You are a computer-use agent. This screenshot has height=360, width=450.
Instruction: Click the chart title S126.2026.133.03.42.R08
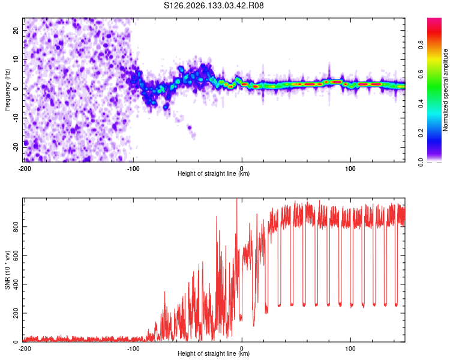(x=214, y=5)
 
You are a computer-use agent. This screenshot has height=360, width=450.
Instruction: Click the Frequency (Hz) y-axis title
(x=7, y=90)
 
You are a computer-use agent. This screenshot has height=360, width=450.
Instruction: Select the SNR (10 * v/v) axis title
(x=7, y=270)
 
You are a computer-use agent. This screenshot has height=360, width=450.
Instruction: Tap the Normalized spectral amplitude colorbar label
(x=445, y=90)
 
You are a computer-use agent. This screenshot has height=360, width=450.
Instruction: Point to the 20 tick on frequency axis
(x=16, y=31)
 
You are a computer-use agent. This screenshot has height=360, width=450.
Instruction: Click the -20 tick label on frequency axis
(x=16, y=147)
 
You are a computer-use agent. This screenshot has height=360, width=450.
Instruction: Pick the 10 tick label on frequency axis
(x=16, y=60)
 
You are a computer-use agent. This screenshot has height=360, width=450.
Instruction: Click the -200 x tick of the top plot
(x=25, y=169)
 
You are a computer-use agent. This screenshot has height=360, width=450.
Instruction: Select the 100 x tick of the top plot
(x=350, y=169)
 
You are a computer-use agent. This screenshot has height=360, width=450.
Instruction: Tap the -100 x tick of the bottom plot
(x=133, y=349)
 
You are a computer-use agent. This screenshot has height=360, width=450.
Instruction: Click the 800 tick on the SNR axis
(x=16, y=227)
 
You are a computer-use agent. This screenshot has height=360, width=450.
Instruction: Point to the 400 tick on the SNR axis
(x=16, y=284)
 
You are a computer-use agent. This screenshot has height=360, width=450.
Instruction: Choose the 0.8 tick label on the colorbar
(x=421, y=45)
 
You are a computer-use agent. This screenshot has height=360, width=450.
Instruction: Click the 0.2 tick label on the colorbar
(x=421, y=133)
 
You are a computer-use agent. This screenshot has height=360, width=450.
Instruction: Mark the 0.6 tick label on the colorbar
(x=421, y=74)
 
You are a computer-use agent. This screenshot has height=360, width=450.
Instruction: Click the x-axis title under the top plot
(x=214, y=173)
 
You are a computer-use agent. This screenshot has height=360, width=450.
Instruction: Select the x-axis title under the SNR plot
(x=214, y=353)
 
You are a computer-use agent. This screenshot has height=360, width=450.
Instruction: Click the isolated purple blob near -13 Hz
(x=190, y=127)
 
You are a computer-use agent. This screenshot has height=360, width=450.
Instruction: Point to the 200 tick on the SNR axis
(x=16, y=313)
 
